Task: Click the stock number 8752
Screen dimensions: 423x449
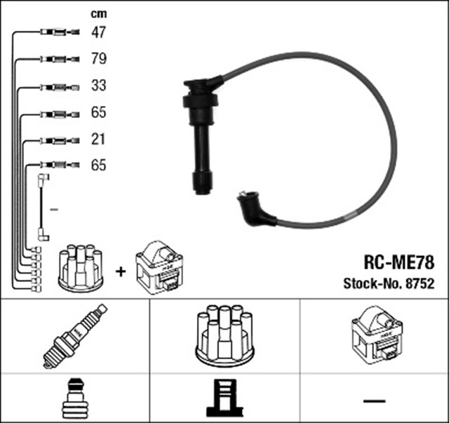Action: [x=419, y=284]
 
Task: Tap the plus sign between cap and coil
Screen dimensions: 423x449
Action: [x=120, y=270]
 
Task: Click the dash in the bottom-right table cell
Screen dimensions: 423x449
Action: [x=375, y=401]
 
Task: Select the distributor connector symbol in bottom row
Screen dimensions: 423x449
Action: [x=224, y=398]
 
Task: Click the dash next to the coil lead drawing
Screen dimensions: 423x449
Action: [x=54, y=209]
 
